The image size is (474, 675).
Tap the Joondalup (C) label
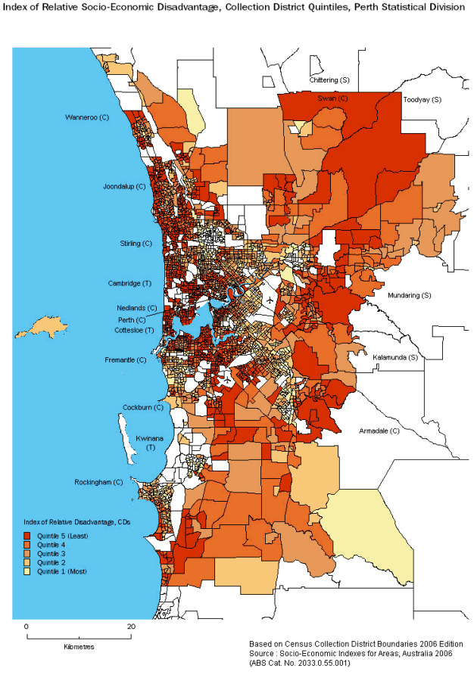(x=124, y=186)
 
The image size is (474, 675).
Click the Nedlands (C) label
(x=137, y=308)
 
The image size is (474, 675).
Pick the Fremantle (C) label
(x=126, y=360)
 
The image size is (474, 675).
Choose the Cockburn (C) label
(x=143, y=407)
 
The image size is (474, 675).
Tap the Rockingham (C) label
(x=98, y=482)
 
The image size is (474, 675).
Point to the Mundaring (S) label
(x=409, y=295)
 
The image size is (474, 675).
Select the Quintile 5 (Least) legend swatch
(x=28, y=535)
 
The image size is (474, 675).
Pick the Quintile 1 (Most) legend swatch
(x=28, y=571)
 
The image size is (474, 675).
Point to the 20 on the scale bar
(x=131, y=627)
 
